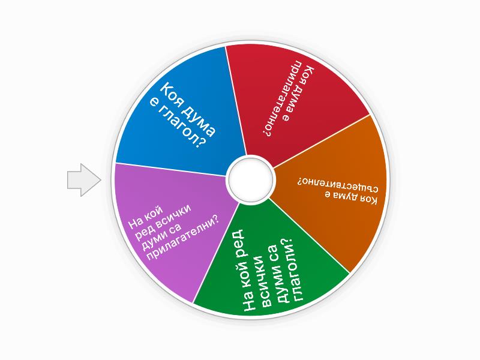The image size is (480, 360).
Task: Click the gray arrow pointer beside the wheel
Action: [84, 180]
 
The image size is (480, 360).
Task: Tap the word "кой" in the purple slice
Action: [152, 212]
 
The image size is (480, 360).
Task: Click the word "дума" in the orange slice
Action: [341, 196]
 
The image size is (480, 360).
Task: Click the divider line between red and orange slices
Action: [321, 142]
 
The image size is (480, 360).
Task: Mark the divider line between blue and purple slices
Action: [172, 170]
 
